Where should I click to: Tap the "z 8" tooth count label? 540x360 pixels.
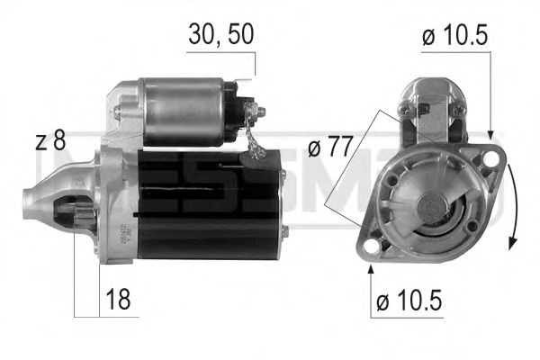[50, 140]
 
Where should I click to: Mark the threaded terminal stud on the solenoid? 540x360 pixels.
[262, 112]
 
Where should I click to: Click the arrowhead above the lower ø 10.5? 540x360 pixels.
[370, 269]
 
